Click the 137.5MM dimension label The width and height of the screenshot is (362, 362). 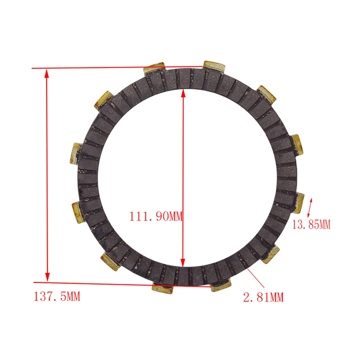tap(57, 296)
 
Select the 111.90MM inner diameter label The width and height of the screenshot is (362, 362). tap(156, 216)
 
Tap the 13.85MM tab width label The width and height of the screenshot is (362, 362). tap(311, 224)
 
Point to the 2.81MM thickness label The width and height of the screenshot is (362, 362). tap(263, 297)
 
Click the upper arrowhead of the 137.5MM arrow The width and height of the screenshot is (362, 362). tap(47, 73)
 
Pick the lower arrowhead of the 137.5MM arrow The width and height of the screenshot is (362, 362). tap(47, 277)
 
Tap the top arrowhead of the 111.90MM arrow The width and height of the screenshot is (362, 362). tap(183, 93)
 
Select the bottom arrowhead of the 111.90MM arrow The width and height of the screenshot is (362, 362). tap(183, 263)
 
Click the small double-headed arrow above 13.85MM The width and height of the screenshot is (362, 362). tap(310, 208)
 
